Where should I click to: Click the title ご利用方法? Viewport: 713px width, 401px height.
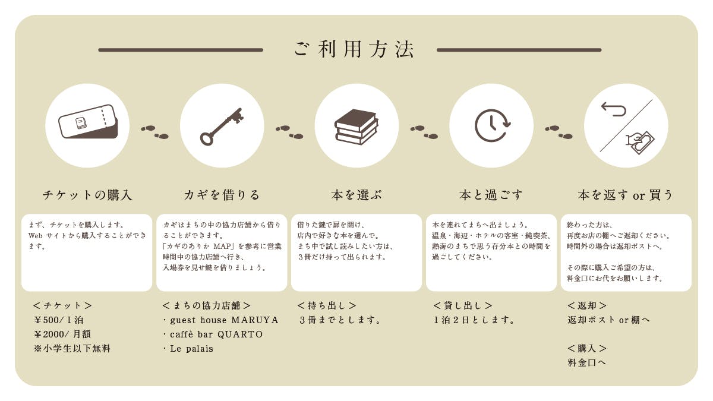tap(354, 50)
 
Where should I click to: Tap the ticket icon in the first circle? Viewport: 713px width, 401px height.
tap(88, 122)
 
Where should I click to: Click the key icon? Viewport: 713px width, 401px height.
tap(222, 127)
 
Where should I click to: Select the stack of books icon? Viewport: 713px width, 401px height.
tap(356, 127)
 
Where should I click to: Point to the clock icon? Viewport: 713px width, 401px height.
tap(492, 125)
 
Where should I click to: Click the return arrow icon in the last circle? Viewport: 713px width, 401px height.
tap(614, 109)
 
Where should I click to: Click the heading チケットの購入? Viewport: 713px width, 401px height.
tap(87, 195)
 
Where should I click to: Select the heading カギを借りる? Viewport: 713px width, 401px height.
tap(222, 195)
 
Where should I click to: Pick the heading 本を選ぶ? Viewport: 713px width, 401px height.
tap(356, 195)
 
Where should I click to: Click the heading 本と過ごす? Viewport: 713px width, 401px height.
tap(491, 195)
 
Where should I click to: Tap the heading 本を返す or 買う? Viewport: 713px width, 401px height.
tap(625, 195)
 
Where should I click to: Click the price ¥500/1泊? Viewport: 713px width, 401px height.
tap(59, 320)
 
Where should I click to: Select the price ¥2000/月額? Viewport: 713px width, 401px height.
tap(62, 334)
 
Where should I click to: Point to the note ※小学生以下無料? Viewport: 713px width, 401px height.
tap(72, 349)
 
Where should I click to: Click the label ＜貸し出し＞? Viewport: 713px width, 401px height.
tap(463, 305)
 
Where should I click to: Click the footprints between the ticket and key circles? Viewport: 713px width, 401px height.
tap(154, 132)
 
